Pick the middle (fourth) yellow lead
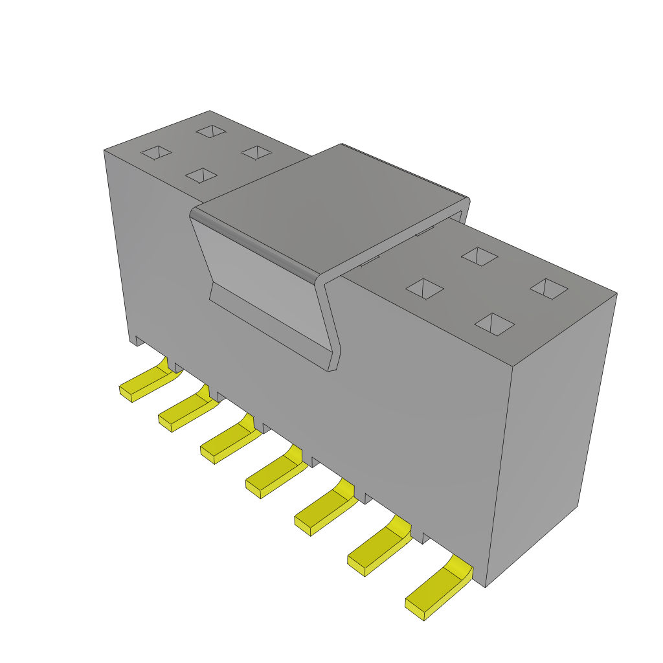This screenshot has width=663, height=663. (275, 476)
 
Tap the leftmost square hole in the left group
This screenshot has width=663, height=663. (156, 152)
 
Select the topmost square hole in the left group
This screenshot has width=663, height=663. (211, 131)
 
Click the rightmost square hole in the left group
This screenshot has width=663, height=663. (256, 152)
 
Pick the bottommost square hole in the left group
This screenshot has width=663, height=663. (201, 175)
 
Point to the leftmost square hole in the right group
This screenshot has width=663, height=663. (424, 289)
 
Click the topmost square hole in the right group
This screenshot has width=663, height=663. (479, 256)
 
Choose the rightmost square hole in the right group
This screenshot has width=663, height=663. (548, 289)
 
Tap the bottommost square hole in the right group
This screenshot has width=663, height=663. (494, 324)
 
